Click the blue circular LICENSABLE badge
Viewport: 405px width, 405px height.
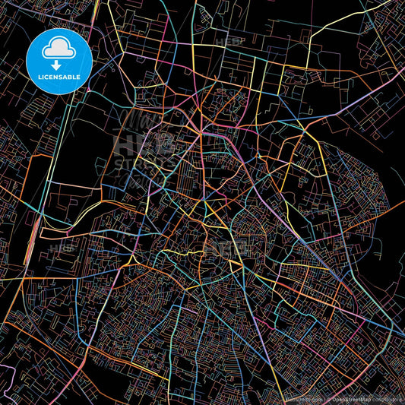(59, 59)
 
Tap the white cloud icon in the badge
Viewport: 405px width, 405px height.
(59, 49)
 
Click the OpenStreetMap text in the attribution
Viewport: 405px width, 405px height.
(352, 398)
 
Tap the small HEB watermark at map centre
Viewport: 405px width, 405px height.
(224, 248)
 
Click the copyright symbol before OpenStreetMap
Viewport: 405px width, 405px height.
(328, 398)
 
